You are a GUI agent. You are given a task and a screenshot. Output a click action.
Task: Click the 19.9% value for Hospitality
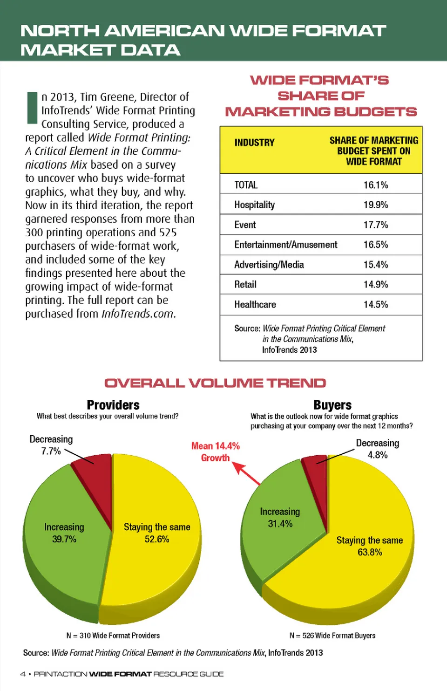(375, 205)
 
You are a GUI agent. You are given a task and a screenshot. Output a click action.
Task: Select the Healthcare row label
(255, 304)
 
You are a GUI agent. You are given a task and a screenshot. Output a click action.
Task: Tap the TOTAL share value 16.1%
(375, 185)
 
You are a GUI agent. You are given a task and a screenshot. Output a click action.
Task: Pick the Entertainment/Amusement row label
(285, 245)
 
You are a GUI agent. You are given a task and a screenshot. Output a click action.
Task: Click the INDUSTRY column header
(254, 143)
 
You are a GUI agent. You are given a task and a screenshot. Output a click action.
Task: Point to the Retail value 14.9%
(375, 284)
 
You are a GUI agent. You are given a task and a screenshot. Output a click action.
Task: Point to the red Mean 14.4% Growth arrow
(247, 473)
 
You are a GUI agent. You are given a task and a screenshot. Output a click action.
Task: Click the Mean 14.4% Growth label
(215, 452)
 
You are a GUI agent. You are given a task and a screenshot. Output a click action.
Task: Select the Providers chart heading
(113, 405)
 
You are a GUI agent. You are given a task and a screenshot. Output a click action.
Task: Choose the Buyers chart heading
(332, 405)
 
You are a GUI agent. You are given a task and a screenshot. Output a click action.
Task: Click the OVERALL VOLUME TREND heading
(215, 383)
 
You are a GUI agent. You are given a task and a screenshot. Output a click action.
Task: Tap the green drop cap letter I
(32, 108)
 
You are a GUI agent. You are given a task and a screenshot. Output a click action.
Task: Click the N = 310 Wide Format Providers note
(113, 636)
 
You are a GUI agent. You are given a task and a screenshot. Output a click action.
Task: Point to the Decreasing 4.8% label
(377, 449)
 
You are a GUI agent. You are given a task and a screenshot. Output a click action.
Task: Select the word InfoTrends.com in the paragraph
(138, 314)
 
